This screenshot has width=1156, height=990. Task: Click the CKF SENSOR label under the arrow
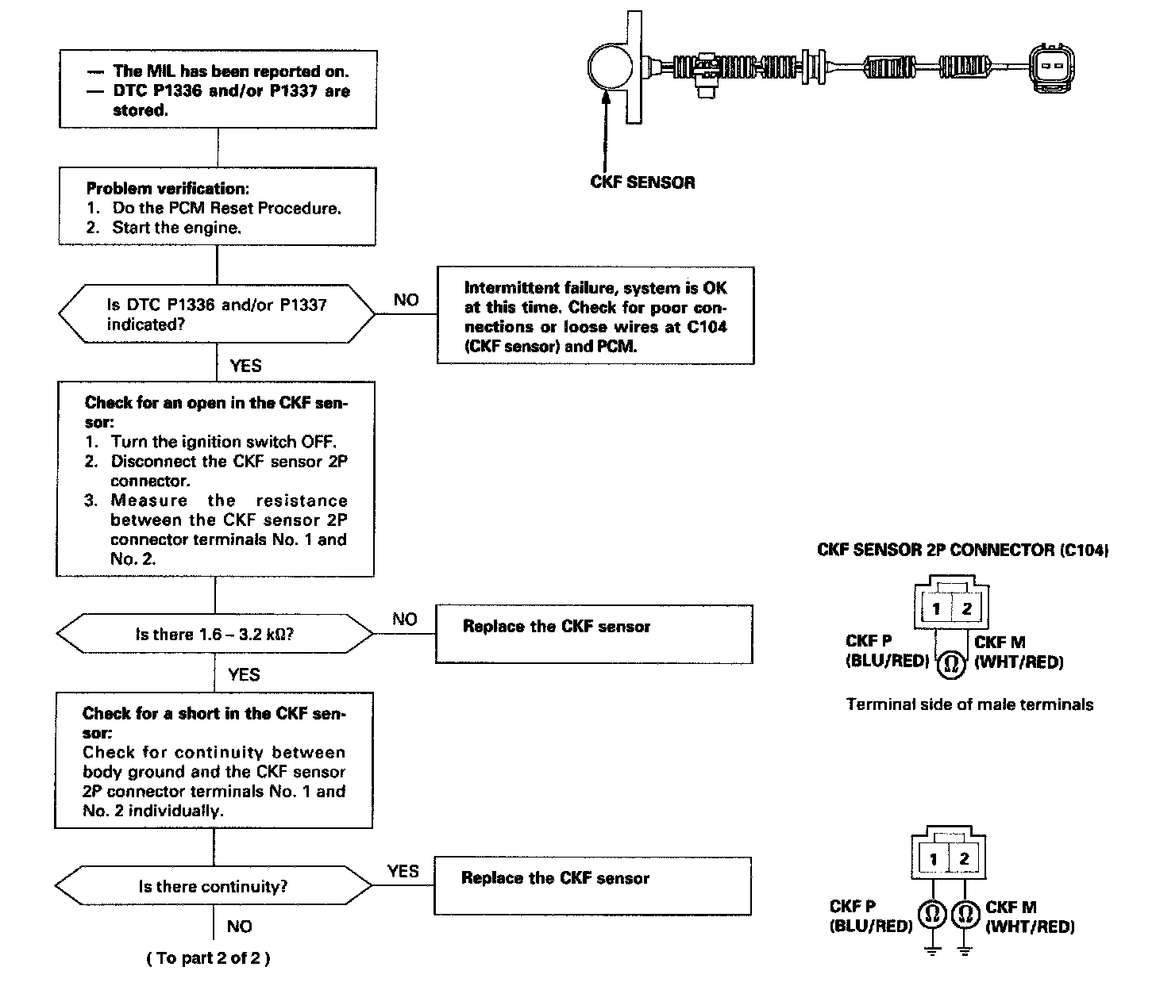click(x=642, y=182)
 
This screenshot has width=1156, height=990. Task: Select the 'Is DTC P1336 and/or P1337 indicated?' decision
click(x=217, y=315)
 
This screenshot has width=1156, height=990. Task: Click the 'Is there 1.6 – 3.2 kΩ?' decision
click(x=214, y=635)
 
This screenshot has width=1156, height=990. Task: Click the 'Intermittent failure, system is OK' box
click(x=595, y=317)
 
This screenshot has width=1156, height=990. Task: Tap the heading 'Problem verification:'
click(x=167, y=189)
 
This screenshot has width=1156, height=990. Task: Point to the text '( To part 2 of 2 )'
click(x=208, y=958)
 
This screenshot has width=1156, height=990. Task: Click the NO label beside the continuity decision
click(x=239, y=927)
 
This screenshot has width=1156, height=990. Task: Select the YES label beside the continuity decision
click(x=403, y=871)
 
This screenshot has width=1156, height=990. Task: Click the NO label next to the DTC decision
click(x=406, y=300)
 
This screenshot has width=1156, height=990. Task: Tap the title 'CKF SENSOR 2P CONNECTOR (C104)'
click(x=962, y=550)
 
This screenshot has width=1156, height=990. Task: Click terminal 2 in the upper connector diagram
click(x=966, y=609)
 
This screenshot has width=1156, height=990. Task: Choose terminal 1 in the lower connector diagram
click(x=934, y=859)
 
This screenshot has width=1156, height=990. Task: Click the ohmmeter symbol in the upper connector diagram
click(x=950, y=664)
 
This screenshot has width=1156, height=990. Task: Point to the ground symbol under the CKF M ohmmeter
click(x=965, y=948)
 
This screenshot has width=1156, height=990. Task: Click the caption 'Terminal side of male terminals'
click(x=969, y=704)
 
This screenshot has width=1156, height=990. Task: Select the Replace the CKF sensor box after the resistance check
click(x=594, y=634)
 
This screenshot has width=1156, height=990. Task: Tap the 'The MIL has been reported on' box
click(x=218, y=89)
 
